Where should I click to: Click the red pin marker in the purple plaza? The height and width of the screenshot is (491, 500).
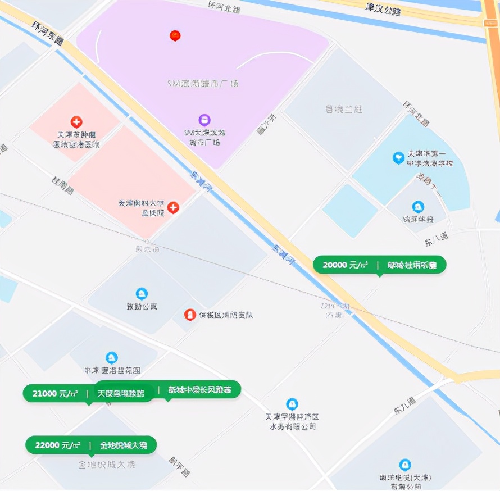175,36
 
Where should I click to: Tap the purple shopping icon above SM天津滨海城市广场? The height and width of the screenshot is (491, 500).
204,120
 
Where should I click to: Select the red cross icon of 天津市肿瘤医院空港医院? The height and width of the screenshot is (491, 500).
76,122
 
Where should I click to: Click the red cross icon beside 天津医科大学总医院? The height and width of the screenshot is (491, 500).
173,208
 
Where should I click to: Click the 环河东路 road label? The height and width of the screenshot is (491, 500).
48,33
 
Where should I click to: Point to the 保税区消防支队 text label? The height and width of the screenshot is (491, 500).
226,315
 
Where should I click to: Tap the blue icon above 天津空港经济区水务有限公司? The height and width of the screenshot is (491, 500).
292,404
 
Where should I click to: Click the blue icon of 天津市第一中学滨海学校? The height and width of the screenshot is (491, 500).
398,158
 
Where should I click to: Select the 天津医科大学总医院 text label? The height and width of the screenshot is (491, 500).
141,208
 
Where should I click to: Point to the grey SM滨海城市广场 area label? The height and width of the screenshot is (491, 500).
203,83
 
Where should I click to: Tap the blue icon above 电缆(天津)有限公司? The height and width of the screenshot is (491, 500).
404,465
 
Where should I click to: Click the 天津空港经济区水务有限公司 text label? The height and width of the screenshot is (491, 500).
292,421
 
